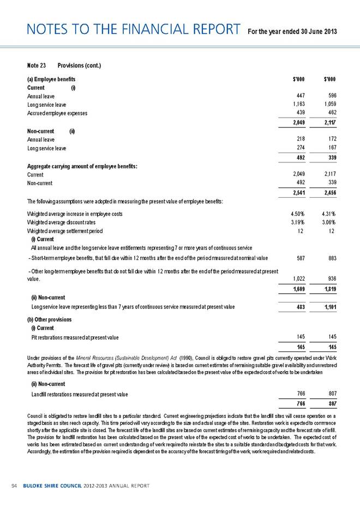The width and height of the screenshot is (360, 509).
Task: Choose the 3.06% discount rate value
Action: (x=328, y=222)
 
